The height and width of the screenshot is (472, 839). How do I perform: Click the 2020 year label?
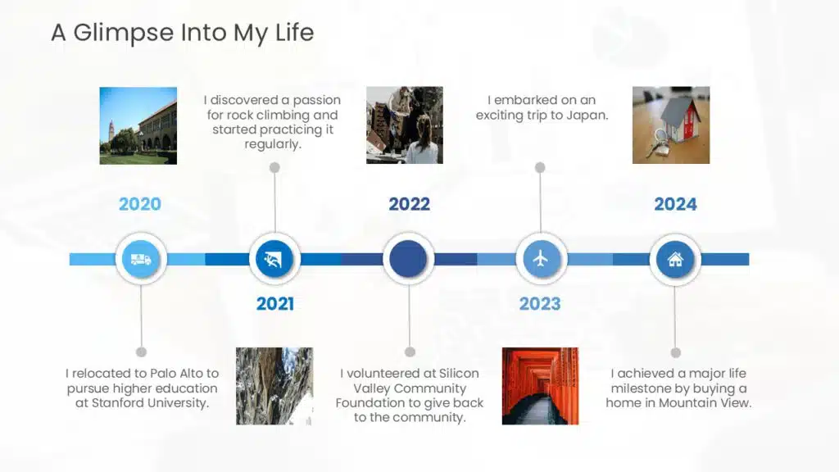[x=139, y=204]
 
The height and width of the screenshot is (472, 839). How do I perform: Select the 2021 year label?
[x=275, y=303]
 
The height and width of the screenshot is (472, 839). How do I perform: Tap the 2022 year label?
[x=410, y=204]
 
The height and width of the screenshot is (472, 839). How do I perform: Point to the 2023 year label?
[x=540, y=303]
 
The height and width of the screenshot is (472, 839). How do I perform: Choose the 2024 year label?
[x=675, y=204]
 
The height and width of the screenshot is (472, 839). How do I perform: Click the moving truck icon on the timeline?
[x=141, y=260]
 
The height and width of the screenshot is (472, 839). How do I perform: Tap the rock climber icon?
[x=274, y=260]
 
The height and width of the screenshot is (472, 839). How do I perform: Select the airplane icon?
[x=541, y=259]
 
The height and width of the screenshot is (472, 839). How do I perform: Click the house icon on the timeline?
[x=675, y=260]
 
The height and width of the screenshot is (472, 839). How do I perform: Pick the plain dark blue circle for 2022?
[x=408, y=259]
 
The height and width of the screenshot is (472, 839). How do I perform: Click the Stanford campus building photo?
[x=138, y=125]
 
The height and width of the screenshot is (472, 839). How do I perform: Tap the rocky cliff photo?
[x=274, y=386]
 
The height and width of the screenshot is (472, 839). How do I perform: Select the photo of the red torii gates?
[x=541, y=386]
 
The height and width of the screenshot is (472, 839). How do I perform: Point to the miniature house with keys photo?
[x=671, y=125]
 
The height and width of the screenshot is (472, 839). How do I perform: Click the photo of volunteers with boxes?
[x=405, y=125]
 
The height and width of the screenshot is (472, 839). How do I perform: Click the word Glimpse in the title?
[x=124, y=33]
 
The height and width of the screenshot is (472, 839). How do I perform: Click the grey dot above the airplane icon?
[x=540, y=167]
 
